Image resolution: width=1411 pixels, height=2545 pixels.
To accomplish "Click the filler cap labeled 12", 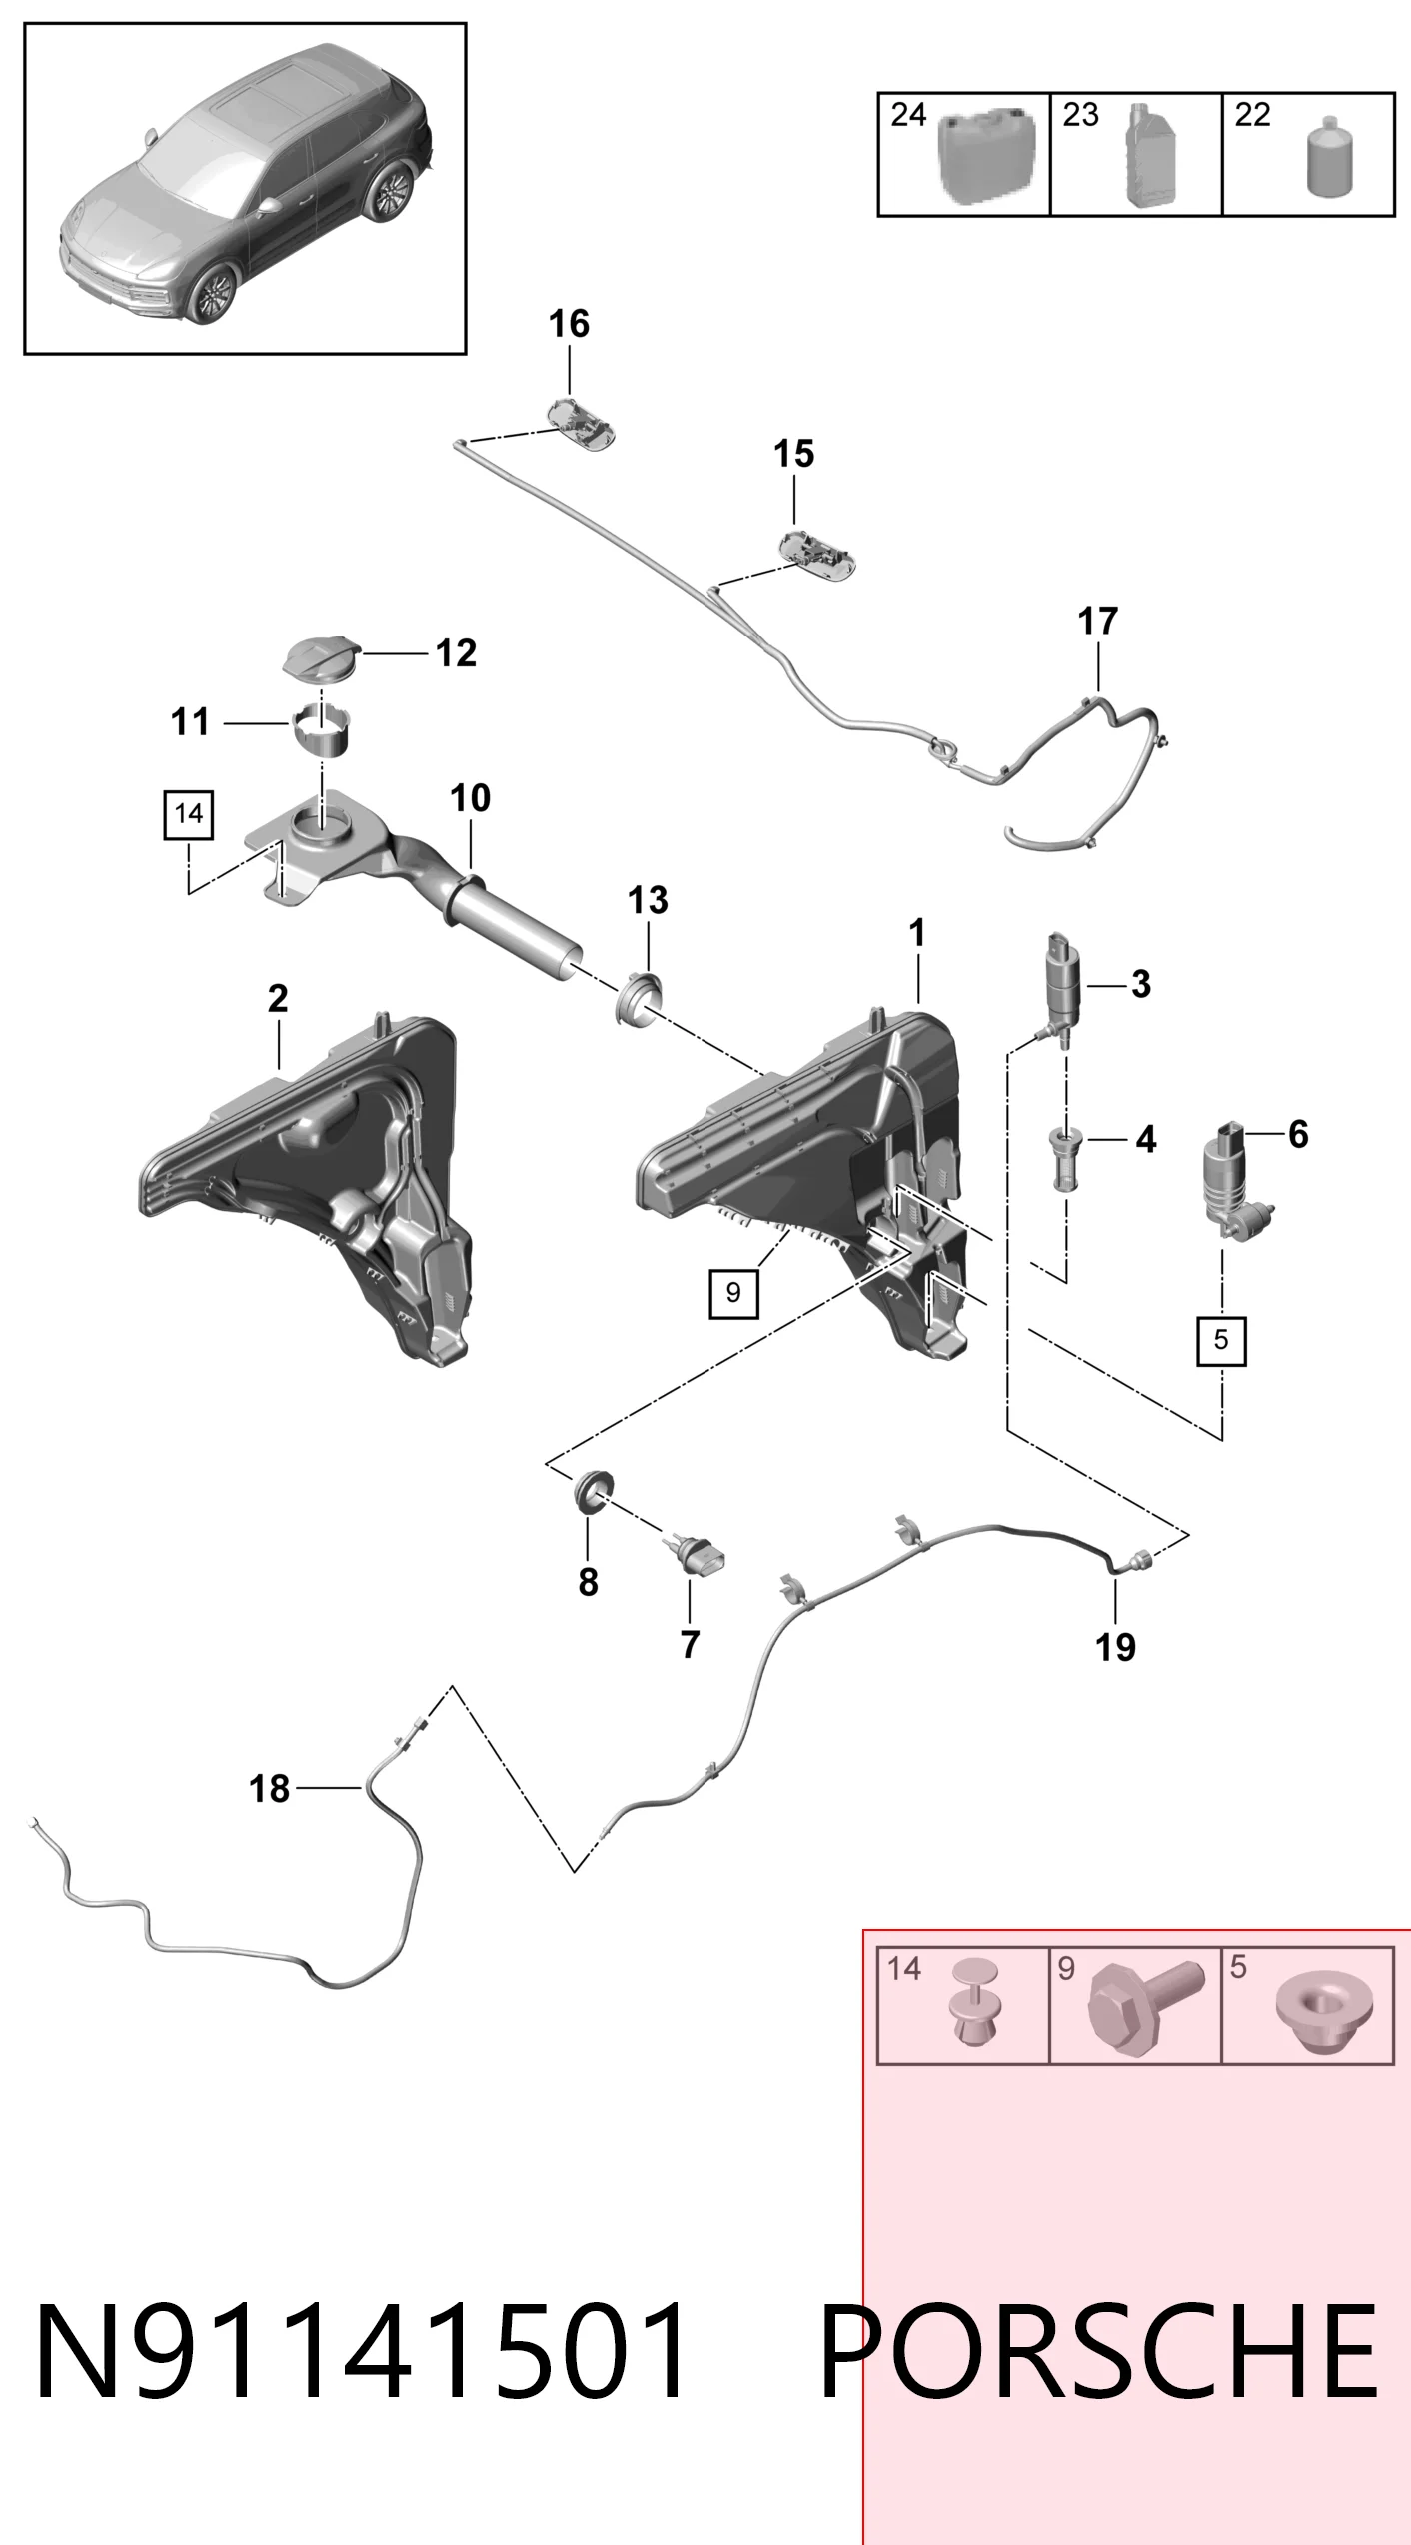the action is point(320,660).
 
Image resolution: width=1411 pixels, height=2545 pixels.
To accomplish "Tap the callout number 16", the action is point(569,324).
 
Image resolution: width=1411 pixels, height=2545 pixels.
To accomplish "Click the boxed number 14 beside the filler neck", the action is point(189,814).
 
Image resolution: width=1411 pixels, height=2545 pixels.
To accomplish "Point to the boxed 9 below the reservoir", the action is point(733,1293).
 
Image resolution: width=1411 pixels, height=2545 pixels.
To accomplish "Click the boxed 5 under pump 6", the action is point(1221,1340).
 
